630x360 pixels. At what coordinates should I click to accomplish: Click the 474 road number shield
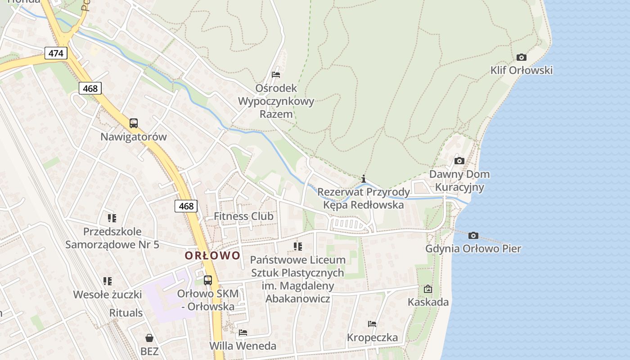(56, 53)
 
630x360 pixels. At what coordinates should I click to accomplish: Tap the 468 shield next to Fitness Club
(186, 206)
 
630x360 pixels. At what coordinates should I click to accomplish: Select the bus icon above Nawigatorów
(134, 123)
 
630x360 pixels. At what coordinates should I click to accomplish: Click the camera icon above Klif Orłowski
(522, 57)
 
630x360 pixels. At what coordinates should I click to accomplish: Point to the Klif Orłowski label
(522, 70)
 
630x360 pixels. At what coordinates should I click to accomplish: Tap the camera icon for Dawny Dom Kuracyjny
(459, 161)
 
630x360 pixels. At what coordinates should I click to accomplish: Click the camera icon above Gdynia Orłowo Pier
(473, 235)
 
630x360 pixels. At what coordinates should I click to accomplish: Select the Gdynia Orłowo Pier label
(473, 248)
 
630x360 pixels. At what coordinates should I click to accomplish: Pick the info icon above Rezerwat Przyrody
(364, 179)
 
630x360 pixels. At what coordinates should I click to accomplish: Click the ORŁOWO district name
(212, 256)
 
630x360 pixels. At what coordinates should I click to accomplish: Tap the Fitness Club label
(243, 216)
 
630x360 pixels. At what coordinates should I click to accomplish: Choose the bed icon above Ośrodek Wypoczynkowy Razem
(276, 74)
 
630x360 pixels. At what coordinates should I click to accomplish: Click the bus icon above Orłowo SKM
(207, 280)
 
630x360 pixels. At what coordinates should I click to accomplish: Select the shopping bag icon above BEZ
(149, 338)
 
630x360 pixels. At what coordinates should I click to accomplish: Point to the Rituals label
(126, 313)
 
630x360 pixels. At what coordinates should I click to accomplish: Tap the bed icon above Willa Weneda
(243, 333)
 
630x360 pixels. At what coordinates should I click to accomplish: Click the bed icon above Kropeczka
(372, 324)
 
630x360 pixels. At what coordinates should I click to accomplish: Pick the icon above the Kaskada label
(428, 289)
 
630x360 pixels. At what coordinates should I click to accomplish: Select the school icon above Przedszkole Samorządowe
(112, 218)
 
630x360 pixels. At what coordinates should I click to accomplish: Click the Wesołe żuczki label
(108, 295)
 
